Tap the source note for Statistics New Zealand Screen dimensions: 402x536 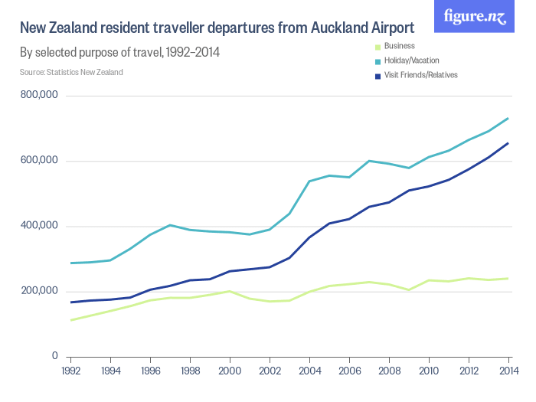coord(71,72)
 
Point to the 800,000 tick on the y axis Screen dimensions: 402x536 coord(40,96)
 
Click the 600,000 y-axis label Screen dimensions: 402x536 coord(40,161)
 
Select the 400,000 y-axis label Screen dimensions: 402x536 coord(40,226)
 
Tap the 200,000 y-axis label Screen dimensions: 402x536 coord(40,291)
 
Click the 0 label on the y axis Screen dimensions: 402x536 coord(55,356)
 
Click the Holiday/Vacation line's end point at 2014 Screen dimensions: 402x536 coord(508,119)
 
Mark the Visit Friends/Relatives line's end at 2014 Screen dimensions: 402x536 coord(508,143)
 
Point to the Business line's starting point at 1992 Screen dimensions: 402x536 coord(70,320)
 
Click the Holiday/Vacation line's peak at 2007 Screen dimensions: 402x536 coord(369,161)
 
